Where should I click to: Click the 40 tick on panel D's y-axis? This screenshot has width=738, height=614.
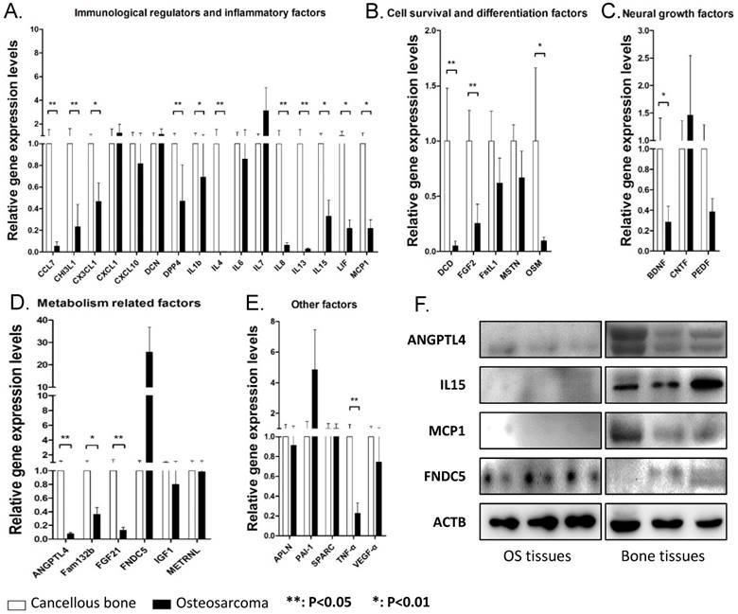42,319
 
